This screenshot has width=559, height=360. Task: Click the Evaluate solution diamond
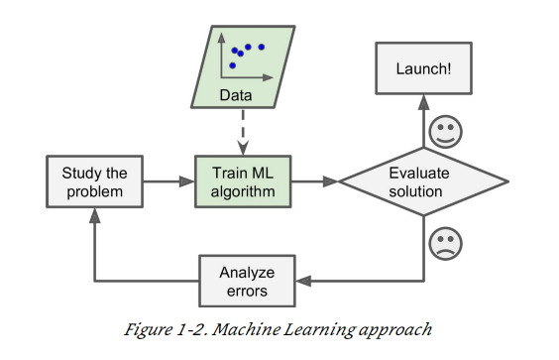click(424, 181)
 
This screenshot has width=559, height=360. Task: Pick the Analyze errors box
click(246, 281)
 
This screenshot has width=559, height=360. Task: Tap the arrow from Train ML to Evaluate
click(315, 181)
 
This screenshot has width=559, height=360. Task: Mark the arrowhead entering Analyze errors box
click(301, 281)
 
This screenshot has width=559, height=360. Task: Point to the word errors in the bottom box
click(246, 292)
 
